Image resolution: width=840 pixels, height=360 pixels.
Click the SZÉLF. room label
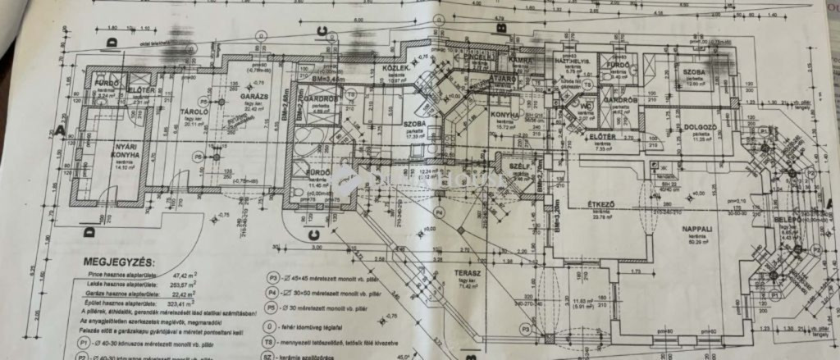point(518,165)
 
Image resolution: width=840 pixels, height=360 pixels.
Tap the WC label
point(585,107)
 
